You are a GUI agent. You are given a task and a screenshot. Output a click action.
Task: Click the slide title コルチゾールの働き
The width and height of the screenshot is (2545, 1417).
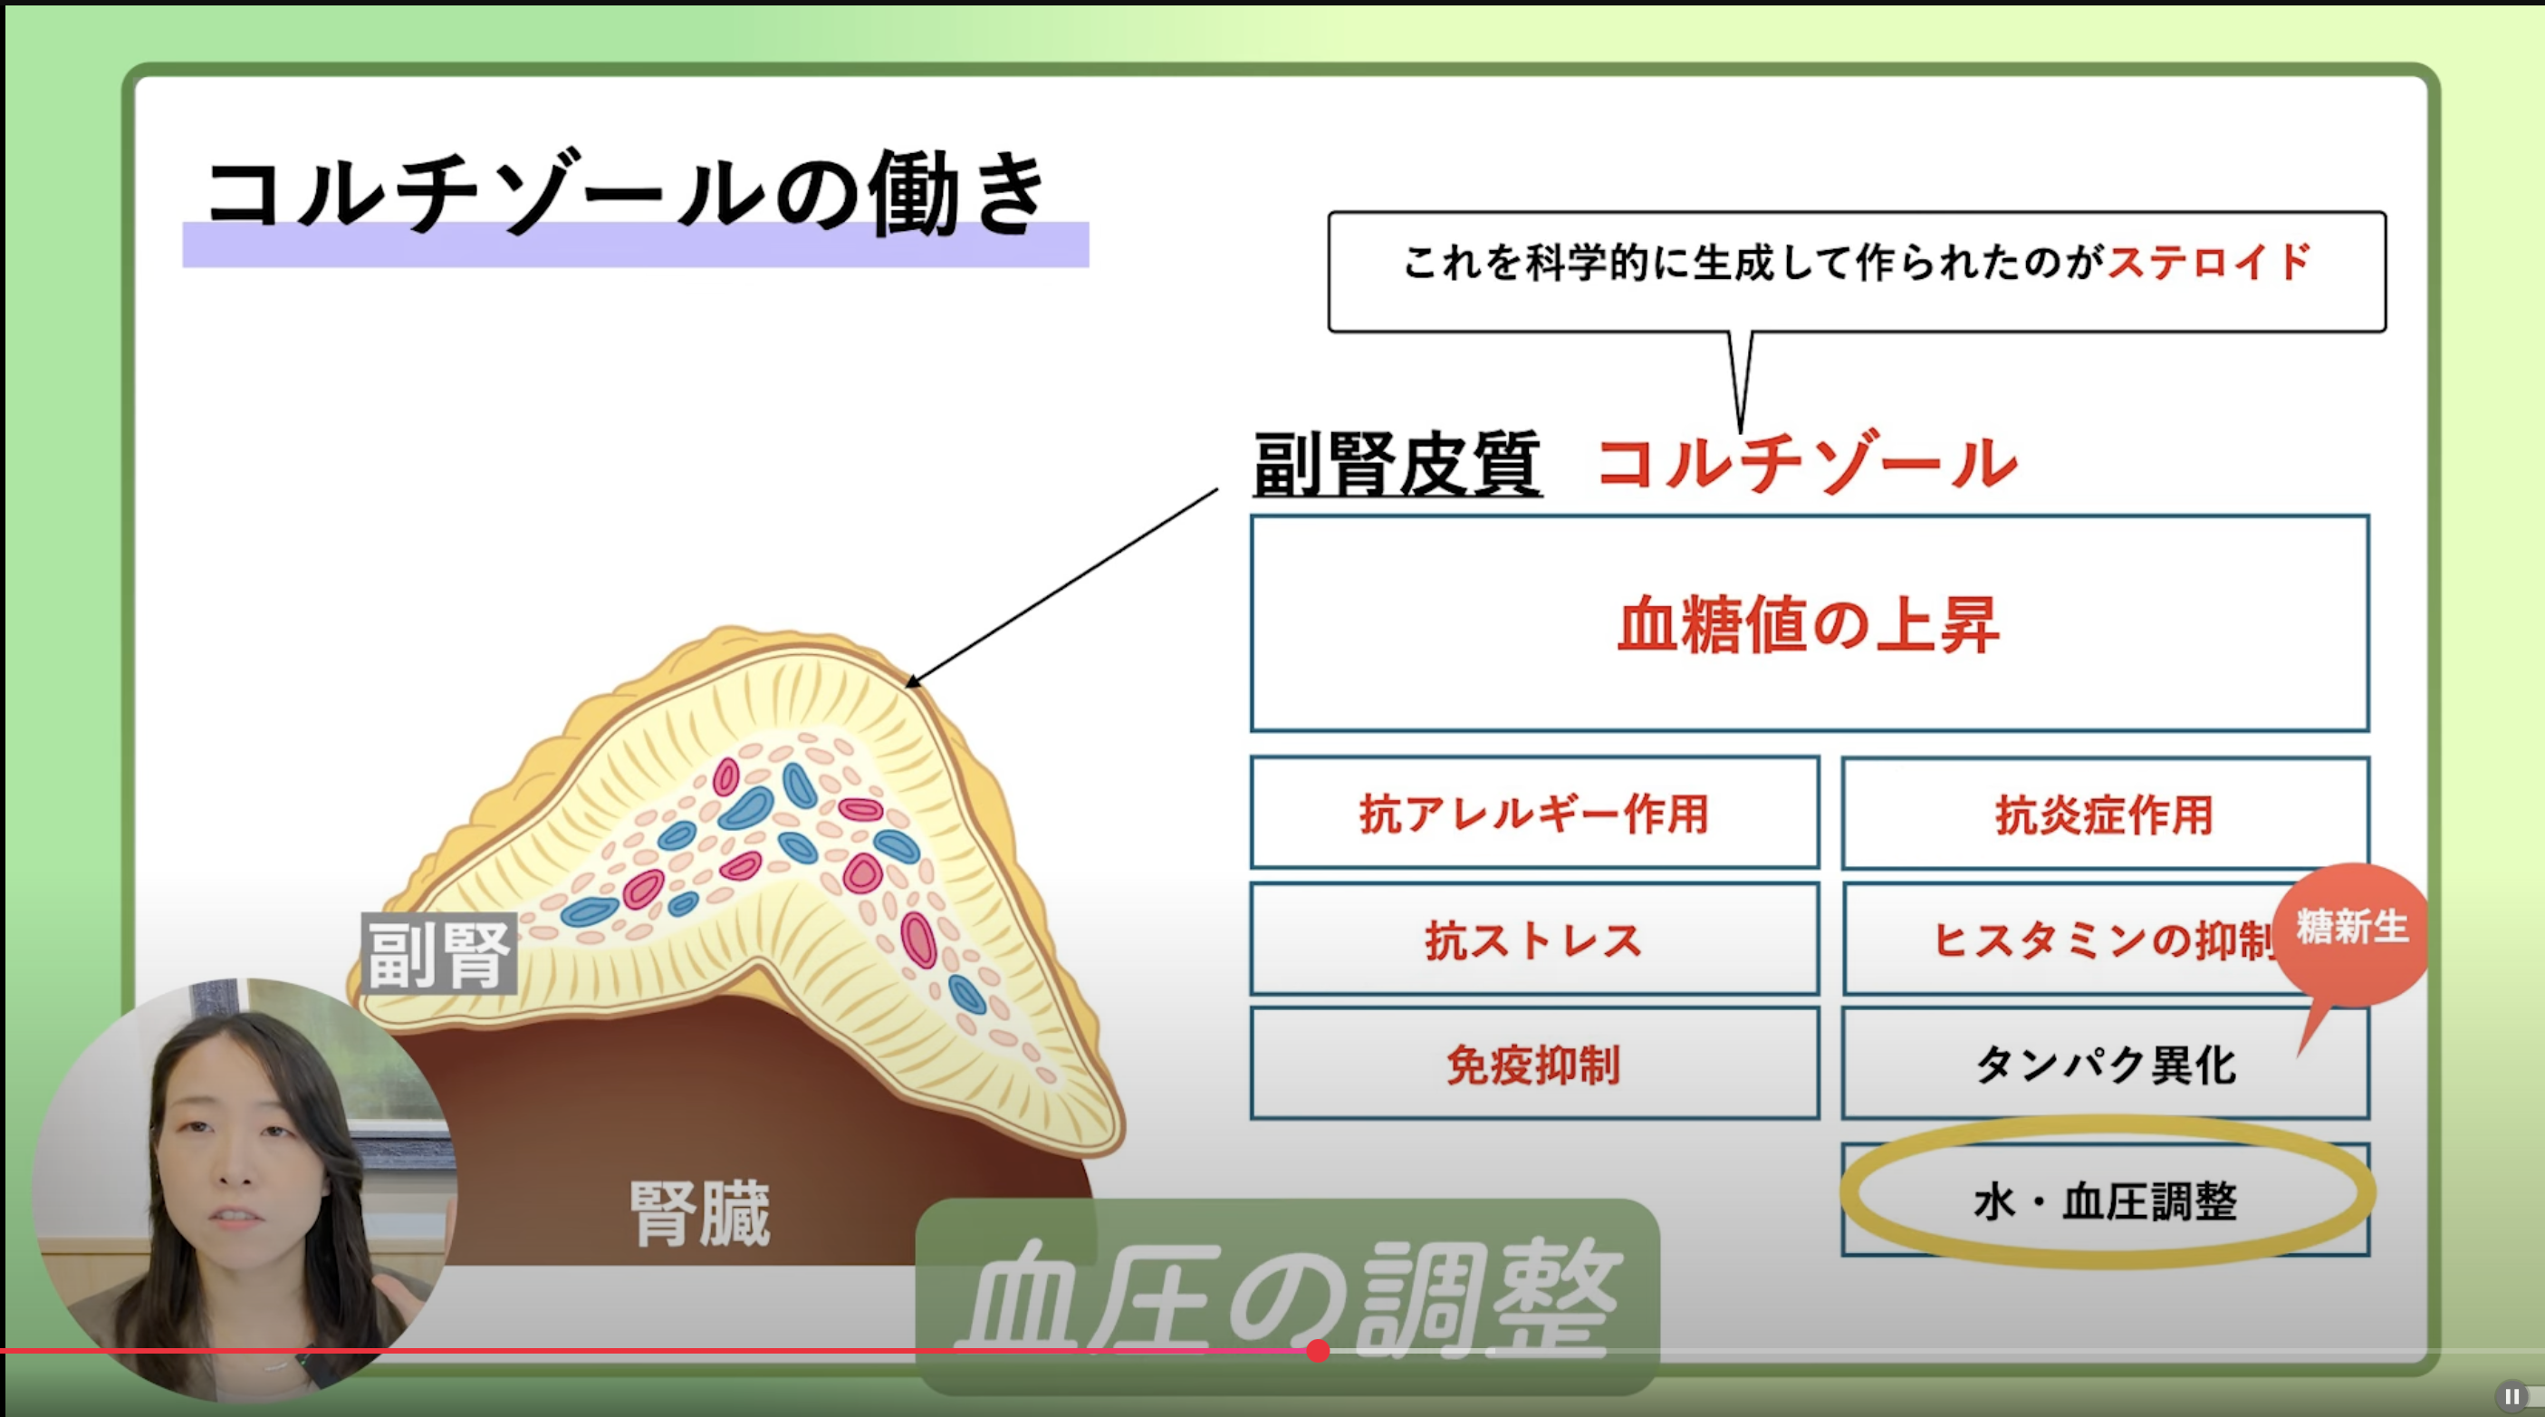pos(627,194)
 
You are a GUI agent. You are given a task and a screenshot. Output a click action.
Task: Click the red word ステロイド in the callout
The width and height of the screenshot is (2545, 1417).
pos(2209,263)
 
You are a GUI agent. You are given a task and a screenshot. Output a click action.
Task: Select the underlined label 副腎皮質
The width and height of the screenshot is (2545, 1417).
pos(1397,465)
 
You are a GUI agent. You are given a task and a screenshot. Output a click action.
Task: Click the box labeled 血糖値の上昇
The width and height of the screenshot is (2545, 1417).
pos(1809,623)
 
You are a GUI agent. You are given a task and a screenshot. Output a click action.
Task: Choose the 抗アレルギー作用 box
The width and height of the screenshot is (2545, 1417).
pos(1534,814)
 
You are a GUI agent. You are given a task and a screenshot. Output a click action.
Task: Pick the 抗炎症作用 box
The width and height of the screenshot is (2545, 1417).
pos(2106,814)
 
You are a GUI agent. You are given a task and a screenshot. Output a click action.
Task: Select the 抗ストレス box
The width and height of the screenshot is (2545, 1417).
pos(1534,939)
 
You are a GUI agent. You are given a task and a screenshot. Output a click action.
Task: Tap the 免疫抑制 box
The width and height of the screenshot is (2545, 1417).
pos(1534,1065)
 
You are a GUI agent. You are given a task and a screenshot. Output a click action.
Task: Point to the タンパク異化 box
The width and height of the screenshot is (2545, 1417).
pos(2106,1065)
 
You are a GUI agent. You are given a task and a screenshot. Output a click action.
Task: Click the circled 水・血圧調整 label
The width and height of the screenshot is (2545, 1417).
pos(2106,1200)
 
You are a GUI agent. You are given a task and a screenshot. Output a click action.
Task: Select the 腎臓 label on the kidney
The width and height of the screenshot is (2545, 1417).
pos(699,1212)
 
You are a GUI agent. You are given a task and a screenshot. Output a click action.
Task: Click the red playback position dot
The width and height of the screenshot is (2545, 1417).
pos(1317,1351)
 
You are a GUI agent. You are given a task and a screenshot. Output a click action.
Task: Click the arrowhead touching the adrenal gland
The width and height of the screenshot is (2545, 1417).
pos(912,680)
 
